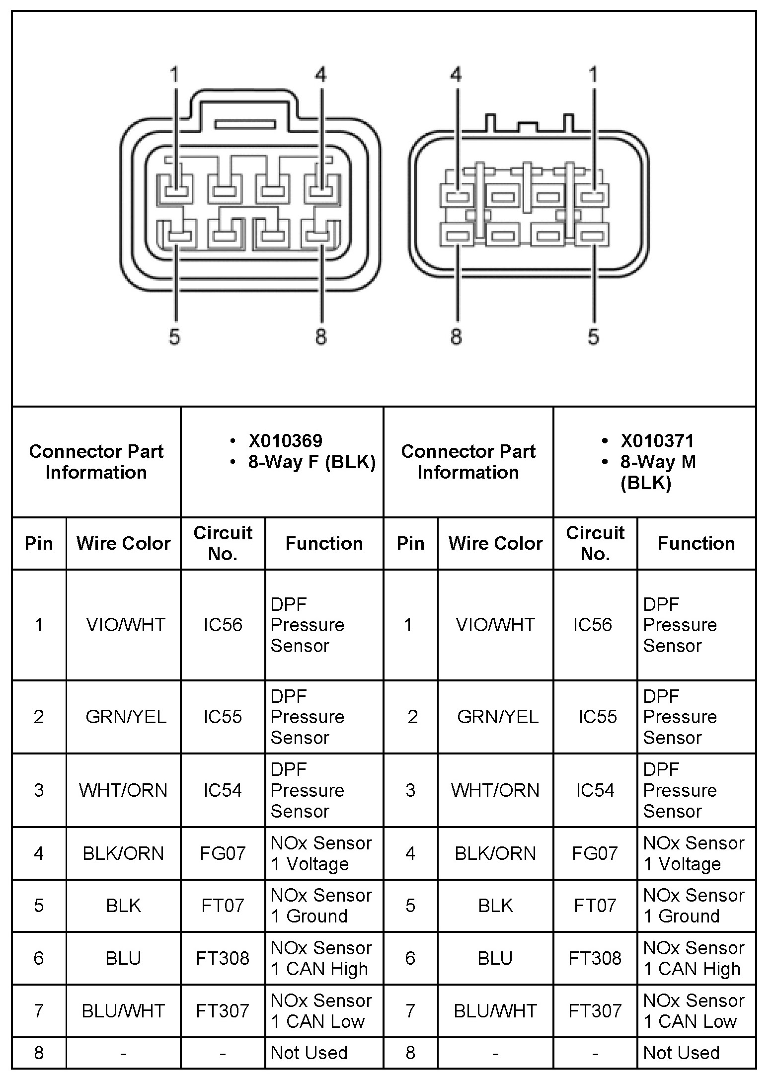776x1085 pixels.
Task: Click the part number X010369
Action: point(285,441)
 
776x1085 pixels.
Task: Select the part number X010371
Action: point(657,441)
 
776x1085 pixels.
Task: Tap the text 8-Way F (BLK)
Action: point(311,462)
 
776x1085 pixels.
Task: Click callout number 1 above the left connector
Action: point(174,75)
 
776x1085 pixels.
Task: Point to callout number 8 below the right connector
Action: point(456,336)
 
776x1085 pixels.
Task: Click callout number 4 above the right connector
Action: point(456,75)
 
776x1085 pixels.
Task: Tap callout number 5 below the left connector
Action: point(174,336)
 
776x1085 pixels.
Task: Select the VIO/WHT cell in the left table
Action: point(125,625)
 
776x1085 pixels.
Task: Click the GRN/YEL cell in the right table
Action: point(497,717)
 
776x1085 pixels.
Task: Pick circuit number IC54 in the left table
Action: point(223,790)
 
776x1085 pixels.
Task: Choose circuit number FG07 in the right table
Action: point(595,853)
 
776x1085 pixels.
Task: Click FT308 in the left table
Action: point(223,958)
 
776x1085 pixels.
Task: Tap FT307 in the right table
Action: point(595,1011)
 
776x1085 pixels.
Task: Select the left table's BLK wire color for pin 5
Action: point(123,906)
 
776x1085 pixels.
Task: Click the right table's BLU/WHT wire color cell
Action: point(495,1011)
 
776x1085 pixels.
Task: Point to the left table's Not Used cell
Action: point(309,1053)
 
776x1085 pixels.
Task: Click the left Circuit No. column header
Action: point(223,543)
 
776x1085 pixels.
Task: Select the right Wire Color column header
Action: point(495,543)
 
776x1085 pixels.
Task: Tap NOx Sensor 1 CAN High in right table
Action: point(694,958)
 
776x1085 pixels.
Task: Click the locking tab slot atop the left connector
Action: point(245,124)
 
